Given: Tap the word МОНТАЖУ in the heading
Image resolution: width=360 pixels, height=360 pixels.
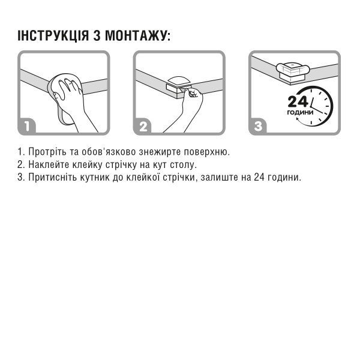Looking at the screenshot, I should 137,35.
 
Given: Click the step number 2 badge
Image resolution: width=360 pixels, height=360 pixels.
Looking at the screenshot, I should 143,126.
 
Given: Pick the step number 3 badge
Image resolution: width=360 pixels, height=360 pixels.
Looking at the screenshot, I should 259,126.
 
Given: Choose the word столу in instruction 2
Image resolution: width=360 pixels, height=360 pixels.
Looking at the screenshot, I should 200,164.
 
